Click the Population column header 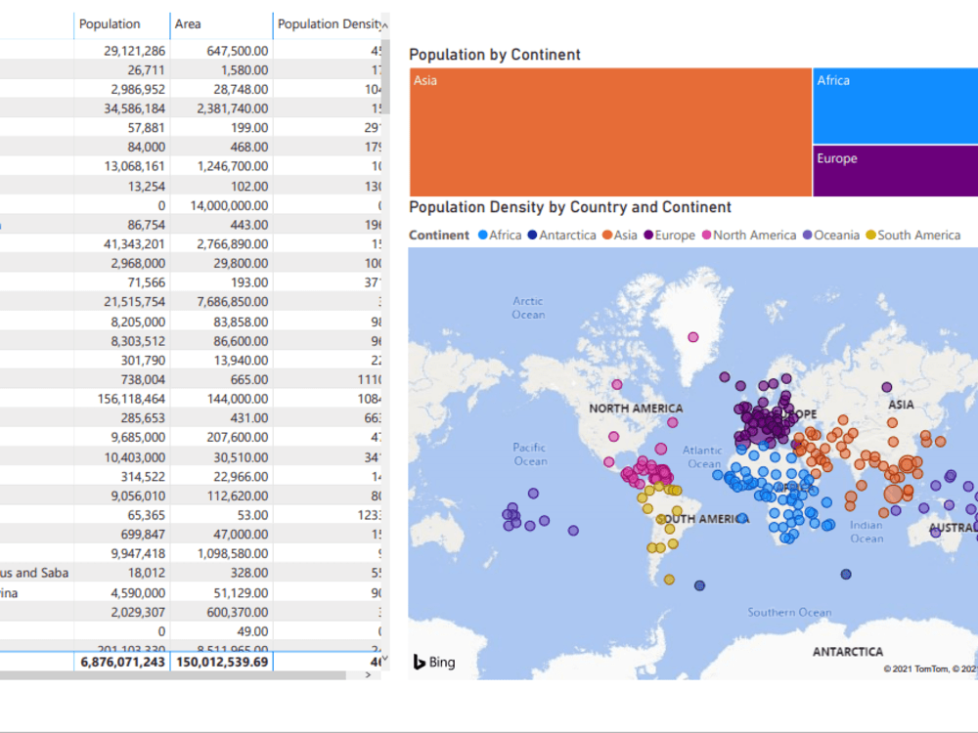pos(110,24)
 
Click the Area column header pos(188,24)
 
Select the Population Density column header pos(330,24)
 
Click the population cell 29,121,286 pos(134,50)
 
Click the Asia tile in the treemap pos(610,132)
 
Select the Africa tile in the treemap pos(895,106)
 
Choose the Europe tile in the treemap pos(895,171)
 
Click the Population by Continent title pos(495,55)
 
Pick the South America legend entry pos(918,236)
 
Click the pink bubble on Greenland pos(693,337)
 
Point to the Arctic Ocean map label pos(528,308)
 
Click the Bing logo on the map pos(434,663)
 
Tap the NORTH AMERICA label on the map pos(636,409)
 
